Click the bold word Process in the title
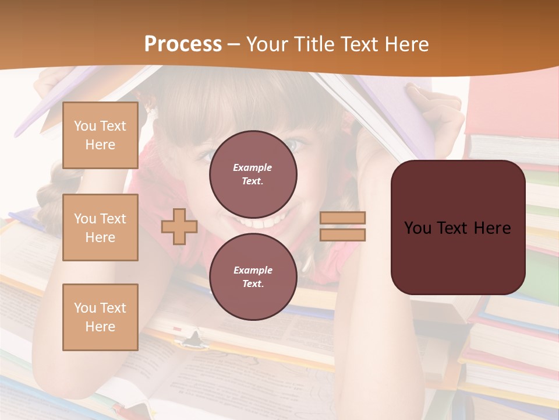click(183, 44)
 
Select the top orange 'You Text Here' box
click(100, 135)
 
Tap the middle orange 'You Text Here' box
click(100, 228)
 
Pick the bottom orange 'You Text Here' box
click(100, 317)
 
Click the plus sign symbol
click(179, 226)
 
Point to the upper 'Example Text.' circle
click(253, 174)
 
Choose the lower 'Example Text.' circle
click(253, 277)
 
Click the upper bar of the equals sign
click(342, 218)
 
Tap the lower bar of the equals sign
click(342, 235)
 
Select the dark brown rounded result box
click(458, 228)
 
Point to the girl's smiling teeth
click(265, 222)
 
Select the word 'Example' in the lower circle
click(253, 270)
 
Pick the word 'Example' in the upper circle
click(253, 167)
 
